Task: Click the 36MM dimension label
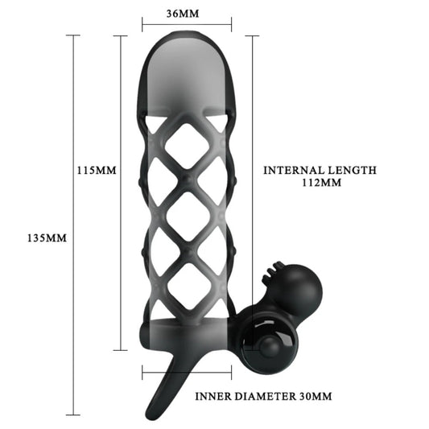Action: point(183,14)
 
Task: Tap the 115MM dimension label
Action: point(97,170)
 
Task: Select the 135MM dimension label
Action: point(47,238)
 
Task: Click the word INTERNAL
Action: point(293,170)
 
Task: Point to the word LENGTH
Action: point(352,170)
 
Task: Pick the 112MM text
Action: point(321,183)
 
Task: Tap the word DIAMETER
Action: point(266,396)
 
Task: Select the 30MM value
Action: point(316,396)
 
